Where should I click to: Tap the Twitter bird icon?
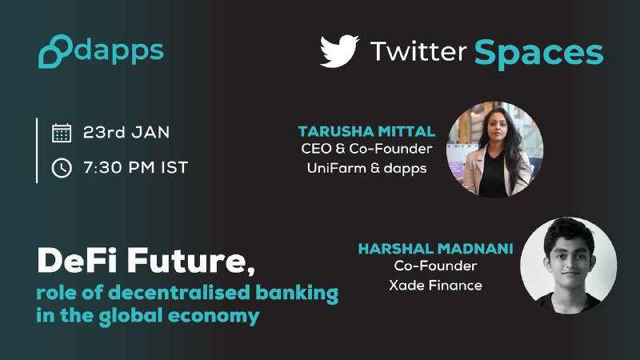click(x=339, y=50)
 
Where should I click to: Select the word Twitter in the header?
click(x=418, y=51)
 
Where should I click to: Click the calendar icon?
click(x=62, y=133)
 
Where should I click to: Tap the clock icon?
click(x=62, y=168)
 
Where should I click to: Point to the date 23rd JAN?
click(x=126, y=132)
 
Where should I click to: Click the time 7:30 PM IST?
click(x=135, y=167)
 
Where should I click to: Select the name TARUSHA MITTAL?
click(x=366, y=131)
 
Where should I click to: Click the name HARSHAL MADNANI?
click(x=435, y=249)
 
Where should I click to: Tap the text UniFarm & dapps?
click(x=366, y=168)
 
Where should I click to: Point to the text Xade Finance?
click(x=435, y=285)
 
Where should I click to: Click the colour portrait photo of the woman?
click(x=494, y=150)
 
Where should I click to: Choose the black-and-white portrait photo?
click(x=569, y=266)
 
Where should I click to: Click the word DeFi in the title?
click(x=78, y=261)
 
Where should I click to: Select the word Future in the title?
click(x=190, y=262)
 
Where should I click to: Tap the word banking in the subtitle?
click(x=297, y=293)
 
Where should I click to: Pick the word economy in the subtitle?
click(x=214, y=316)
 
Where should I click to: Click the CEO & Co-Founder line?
click(x=366, y=149)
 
